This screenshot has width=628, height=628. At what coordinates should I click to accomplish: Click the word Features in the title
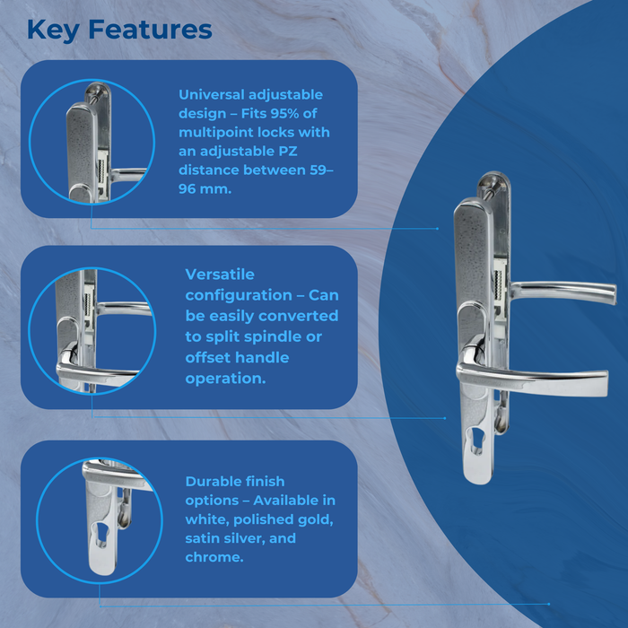(152, 29)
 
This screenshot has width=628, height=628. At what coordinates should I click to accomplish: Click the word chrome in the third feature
(213, 557)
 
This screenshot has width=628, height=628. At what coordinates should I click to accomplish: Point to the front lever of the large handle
(538, 379)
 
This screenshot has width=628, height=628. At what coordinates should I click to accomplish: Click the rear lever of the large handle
(565, 292)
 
